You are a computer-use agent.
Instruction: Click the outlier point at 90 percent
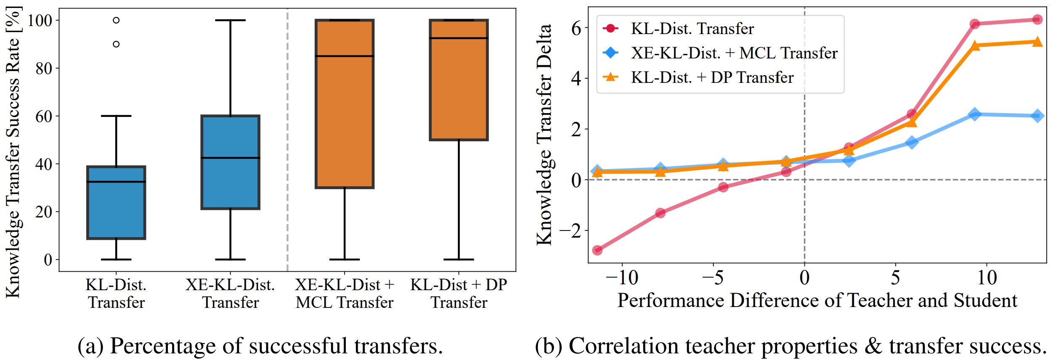click(116, 44)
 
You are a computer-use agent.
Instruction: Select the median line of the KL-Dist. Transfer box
click(116, 182)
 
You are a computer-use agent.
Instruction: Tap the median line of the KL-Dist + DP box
click(459, 38)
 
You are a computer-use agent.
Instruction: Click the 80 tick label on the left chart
click(44, 68)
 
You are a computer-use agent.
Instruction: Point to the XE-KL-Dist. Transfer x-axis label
click(230, 294)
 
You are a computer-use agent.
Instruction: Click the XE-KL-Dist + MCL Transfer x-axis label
click(345, 294)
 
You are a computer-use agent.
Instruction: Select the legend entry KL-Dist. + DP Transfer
click(712, 77)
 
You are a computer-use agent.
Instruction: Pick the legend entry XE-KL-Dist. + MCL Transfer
click(734, 53)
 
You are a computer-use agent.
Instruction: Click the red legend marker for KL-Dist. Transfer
click(610, 29)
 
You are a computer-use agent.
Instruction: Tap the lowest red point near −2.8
click(597, 250)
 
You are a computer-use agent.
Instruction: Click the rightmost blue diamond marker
click(1037, 116)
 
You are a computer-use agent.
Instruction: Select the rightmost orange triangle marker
click(1037, 42)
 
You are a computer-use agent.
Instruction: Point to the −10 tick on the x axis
click(622, 278)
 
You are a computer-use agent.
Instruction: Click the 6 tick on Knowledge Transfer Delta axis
click(576, 29)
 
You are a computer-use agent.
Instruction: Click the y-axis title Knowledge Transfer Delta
click(544, 135)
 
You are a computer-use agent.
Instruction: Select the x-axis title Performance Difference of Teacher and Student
click(817, 300)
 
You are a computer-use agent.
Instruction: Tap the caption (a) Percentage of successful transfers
click(260, 346)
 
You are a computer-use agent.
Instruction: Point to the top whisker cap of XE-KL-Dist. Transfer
click(230, 20)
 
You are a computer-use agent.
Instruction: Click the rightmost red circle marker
click(1037, 20)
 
